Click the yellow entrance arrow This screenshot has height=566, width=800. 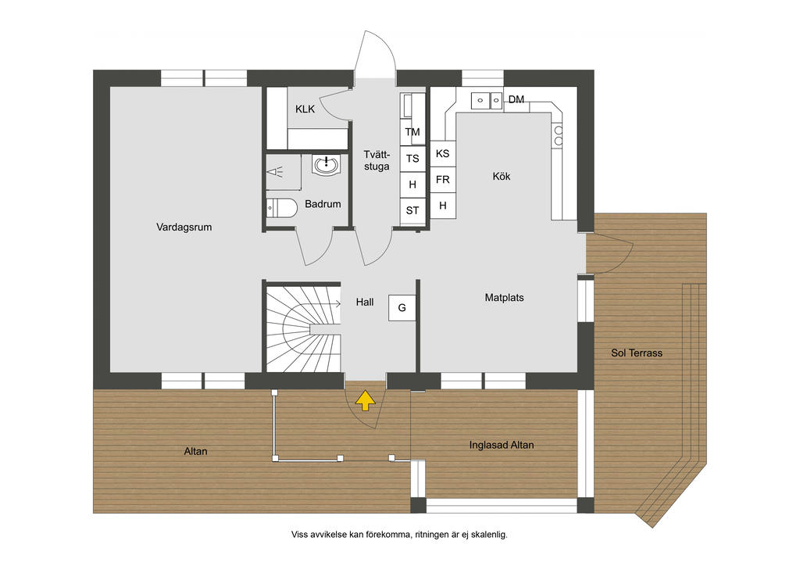[x=366, y=400]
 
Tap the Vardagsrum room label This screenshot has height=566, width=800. [x=184, y=227]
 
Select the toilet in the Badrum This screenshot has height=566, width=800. [x=281, y=208]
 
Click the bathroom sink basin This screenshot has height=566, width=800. [x=326, y=164]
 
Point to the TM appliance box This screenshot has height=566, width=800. [x=412, y=132]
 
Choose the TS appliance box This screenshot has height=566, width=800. [x=412, y=158]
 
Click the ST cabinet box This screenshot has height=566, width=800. [x=412, y=210]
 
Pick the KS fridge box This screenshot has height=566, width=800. [x=443, y=153]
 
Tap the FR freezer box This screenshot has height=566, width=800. [x=443, y=180]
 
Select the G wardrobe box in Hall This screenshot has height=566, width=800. [x=402, y=308]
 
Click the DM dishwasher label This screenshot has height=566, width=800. [x=516, y=99]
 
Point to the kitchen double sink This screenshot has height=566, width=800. [x=487, y=100]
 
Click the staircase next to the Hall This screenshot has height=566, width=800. [x=303, y=329]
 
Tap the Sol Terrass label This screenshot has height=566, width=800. [x=637, y=353]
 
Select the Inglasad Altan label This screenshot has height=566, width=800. [x=502, y=445]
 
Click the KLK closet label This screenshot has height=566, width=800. [x=305, y=109]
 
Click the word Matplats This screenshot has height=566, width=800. [x=504, y=298]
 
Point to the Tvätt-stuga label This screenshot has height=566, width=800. [x=377, y=160]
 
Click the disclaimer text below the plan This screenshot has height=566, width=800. [x=399, y=535]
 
